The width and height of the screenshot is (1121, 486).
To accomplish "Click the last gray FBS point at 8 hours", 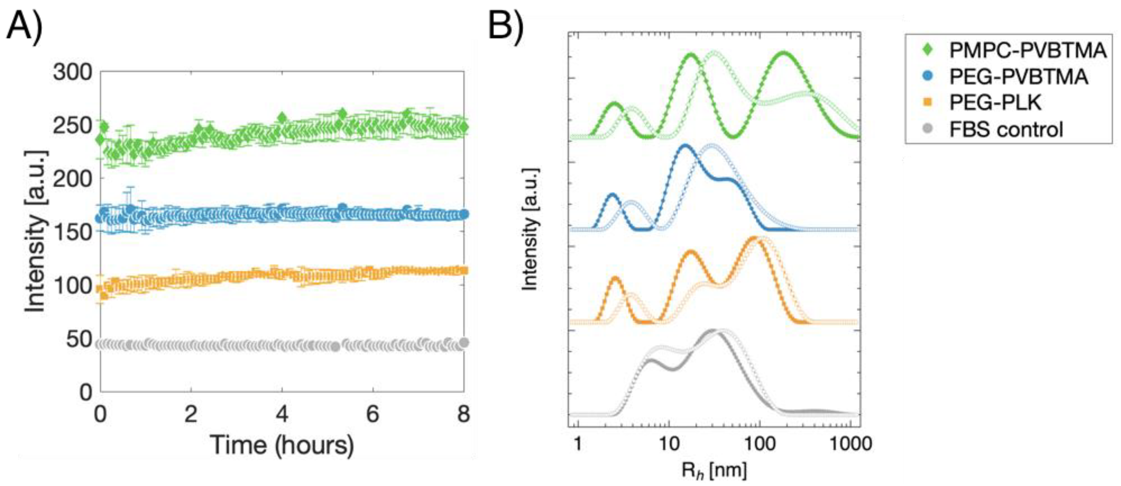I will [x=464, y=343].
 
